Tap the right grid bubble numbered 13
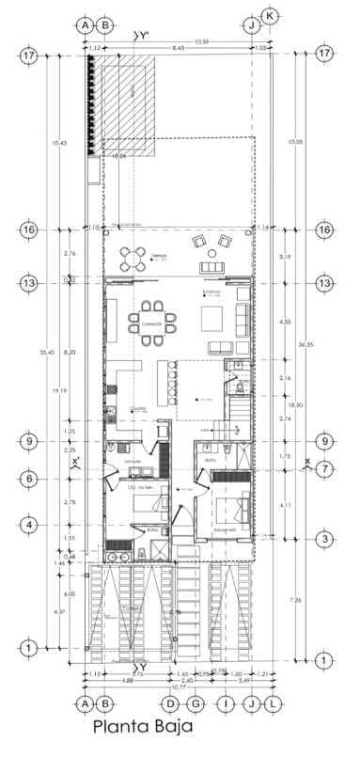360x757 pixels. (x=325, y=283)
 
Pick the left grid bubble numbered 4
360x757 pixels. (x=29, y=524)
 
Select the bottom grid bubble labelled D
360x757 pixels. (x=170, y=702)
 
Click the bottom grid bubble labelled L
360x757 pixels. (x=273, y=702)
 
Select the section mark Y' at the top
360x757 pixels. (x=142, y=35)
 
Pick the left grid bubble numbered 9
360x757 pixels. (x=29, y=440)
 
